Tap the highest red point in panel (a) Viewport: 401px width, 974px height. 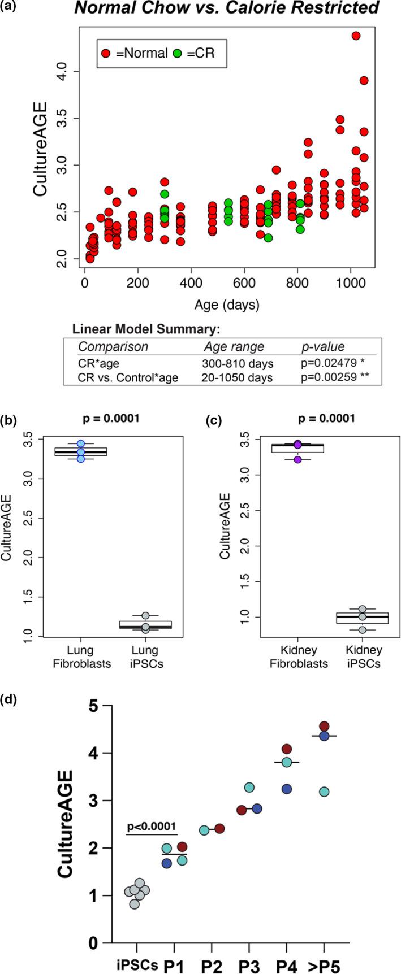[x=356, y=36]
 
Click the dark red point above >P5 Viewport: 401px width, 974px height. [x=324, y=726]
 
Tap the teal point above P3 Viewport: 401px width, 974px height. [x=249, y=787]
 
